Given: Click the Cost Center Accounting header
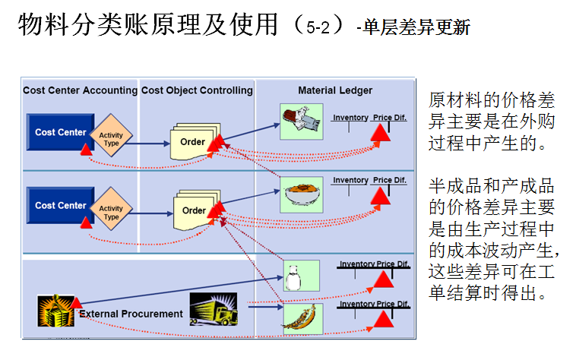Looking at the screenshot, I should coord(80,90).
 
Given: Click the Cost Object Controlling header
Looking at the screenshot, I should coord(197,90).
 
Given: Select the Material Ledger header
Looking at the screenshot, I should coord(335,90).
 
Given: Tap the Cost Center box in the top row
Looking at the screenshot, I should coord(61,132).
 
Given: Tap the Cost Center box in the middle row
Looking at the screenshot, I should coord(61,205).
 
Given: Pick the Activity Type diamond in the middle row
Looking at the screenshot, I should coord(111,213).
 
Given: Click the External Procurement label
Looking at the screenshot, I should coord(131,314).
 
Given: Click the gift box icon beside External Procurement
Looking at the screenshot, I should coord(56,311).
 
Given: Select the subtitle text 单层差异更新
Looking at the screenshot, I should coord(416,29).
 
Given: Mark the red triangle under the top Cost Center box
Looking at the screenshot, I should coord(85,150).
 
